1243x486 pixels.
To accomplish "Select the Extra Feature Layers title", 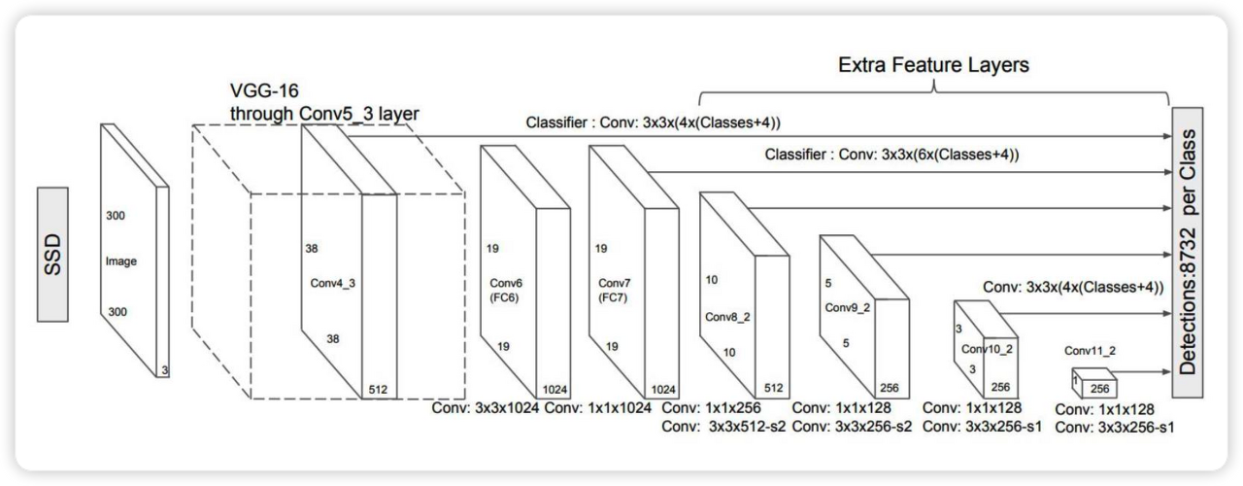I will [933, 65].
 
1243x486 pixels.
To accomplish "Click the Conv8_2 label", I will [728, 317].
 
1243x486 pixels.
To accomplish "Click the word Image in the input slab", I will [120, 261].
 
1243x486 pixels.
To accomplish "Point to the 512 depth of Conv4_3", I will [379, 389].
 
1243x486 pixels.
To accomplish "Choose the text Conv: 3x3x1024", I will [486, 408].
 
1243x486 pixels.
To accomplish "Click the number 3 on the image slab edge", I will [164, 369].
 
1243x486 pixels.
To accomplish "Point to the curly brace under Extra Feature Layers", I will [933, 93].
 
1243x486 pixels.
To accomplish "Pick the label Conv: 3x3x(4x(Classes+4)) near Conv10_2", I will [1073, 288].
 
